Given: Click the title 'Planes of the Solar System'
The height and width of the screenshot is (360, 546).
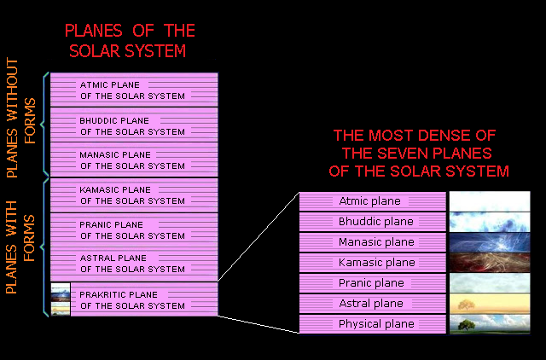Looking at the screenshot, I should click(x=130, y=41).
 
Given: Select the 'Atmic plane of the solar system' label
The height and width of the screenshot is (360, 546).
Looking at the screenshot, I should click(x=132, y=90).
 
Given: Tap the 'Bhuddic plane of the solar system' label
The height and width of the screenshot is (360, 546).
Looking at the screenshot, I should click(x=132, y=126).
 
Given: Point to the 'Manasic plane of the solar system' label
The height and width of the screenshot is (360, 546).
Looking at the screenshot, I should click(x=132, y=160).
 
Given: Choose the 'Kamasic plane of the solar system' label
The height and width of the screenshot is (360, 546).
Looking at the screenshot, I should click(x=132, y=195).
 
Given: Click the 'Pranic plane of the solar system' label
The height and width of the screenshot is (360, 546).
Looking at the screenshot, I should click(x=132, y=230).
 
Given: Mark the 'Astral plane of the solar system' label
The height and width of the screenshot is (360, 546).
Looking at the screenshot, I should click(x=132, y=264).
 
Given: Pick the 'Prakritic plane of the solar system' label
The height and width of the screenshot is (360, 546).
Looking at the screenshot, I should click(x=132, y=299).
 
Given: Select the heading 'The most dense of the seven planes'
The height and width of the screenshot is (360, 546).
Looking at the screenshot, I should click(x=419, y=154).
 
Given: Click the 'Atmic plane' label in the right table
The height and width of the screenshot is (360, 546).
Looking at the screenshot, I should click(x=369, y=201).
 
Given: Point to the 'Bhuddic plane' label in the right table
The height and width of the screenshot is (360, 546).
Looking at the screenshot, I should click(x=370, y=222).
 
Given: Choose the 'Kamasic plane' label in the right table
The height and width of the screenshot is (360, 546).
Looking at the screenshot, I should click(x=370, y=263).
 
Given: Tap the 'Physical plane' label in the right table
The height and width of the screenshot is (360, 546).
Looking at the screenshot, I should click(x=370, y=324).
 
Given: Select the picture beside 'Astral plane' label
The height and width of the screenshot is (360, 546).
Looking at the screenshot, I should click(x=485, y=304).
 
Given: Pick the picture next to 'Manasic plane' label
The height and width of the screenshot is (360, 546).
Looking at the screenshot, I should click(x=485, y=242).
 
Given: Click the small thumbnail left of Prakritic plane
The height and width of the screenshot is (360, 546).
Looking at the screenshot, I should click(x=60, y=299).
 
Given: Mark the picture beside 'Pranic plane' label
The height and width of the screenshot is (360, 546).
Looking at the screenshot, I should click(x=485, y=283).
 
